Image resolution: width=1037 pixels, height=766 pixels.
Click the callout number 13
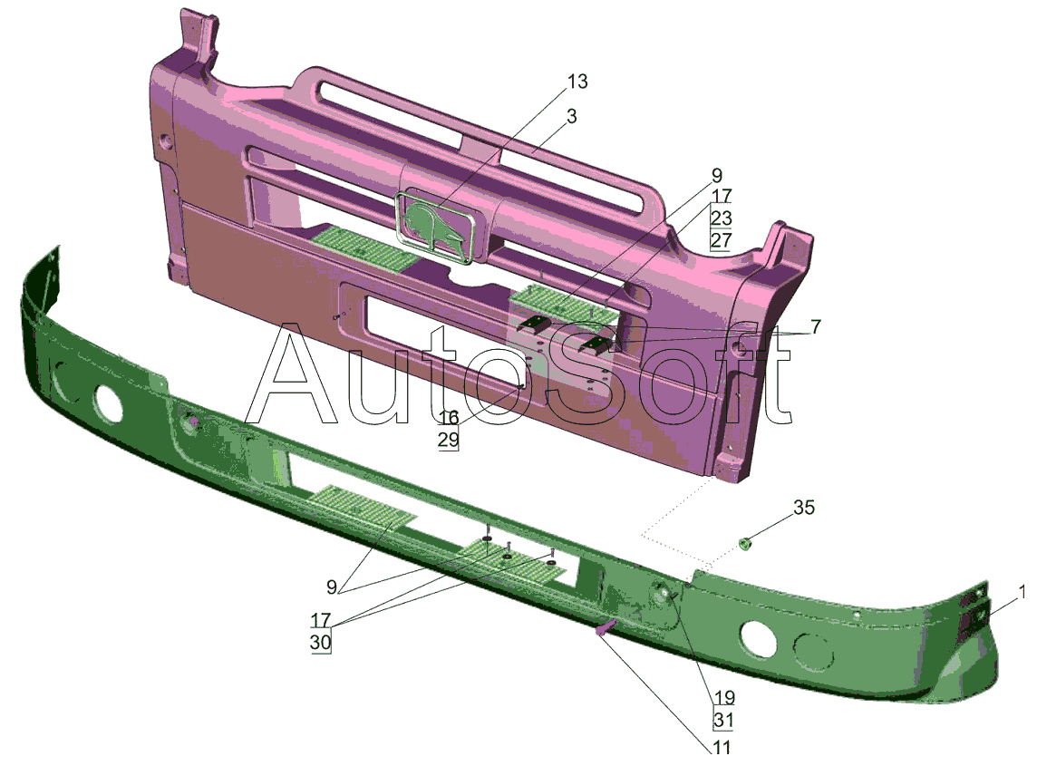click(x=577, y=82)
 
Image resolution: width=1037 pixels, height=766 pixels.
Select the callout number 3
click(x=572, y=116)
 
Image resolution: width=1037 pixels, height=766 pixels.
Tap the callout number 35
click(x=804, y=508)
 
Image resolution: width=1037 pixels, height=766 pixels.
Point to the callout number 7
click(x=816, y=326)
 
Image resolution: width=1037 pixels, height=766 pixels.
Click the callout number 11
click(x=722, y=748)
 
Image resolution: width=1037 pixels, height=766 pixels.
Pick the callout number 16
click(x=449, y=417)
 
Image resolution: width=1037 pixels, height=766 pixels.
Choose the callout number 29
click(x=449, y=440)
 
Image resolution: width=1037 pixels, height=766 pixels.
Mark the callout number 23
click(x=722, y=218)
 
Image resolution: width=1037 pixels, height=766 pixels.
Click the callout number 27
click(x=722, y=239)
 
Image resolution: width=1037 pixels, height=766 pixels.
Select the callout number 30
click(x=321, y=643)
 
